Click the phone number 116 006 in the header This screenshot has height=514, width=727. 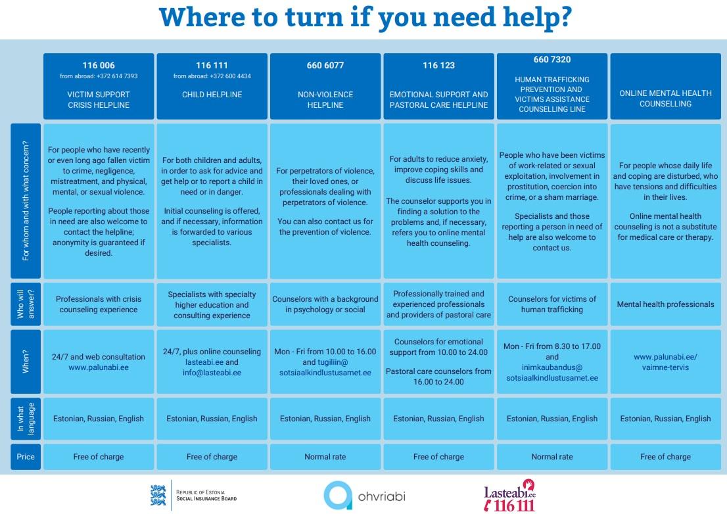99,65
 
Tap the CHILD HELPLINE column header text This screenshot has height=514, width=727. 212,95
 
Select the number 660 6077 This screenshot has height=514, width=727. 325,65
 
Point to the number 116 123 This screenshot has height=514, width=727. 438,65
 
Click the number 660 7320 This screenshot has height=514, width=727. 552,60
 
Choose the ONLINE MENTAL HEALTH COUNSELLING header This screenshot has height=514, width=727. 665,99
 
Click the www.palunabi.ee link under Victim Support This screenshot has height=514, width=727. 99,367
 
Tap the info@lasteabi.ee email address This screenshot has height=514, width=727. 212,373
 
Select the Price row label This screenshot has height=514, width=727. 26,456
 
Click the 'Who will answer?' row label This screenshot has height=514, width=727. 26,304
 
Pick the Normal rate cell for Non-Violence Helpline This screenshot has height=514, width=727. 325,456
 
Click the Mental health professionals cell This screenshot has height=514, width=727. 665,304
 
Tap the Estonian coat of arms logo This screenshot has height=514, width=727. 158,495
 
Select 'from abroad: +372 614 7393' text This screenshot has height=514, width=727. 99,76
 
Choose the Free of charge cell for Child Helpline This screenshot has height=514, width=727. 212,456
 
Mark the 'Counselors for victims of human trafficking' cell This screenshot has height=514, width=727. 552,304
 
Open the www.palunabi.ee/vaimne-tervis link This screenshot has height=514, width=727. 665,362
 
